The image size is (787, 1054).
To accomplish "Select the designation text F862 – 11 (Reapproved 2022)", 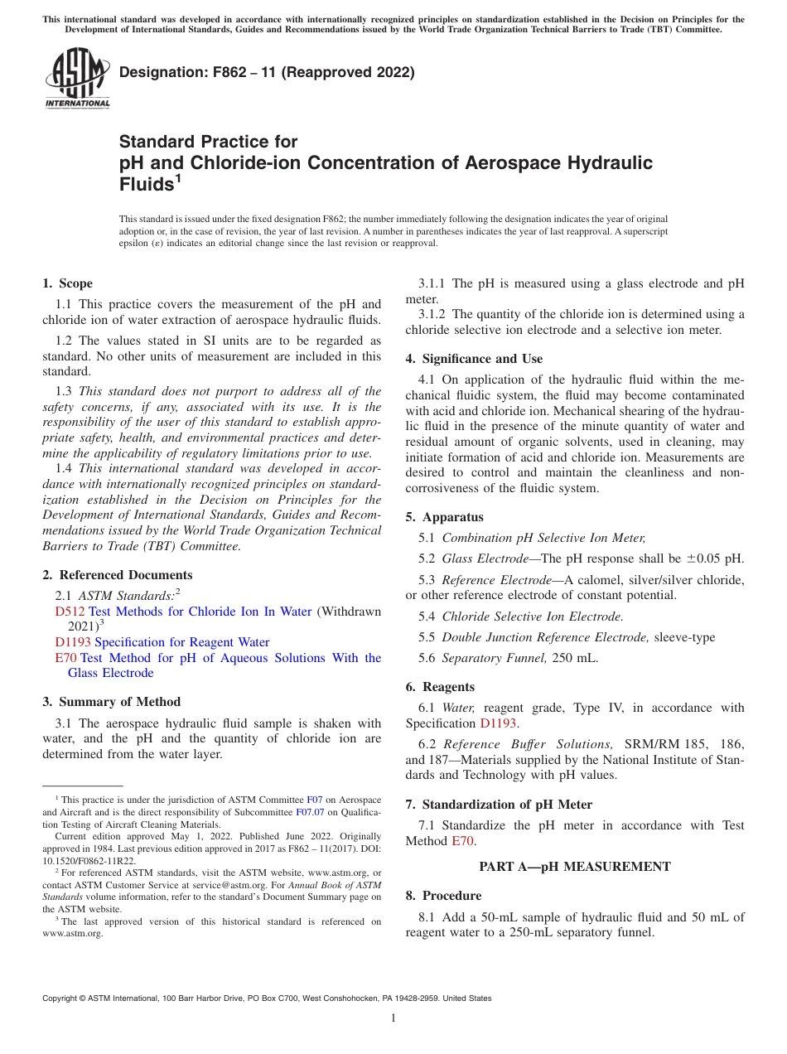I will tap(267, 72).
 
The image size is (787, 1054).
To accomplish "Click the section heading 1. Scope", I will tap(68, 283).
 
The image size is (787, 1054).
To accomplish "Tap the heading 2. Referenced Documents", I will tap(118, 575).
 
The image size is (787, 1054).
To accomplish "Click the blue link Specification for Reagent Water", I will tap(181, 642).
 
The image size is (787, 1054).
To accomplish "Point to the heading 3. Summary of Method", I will tap(111, 702).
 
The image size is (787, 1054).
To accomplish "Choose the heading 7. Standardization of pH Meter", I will tap(499, 805).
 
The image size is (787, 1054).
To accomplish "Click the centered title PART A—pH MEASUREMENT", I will tap(575, 867).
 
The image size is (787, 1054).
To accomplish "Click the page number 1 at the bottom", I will tap(393, 1018).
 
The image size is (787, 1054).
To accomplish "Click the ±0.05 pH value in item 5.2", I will tap(714, 558).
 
